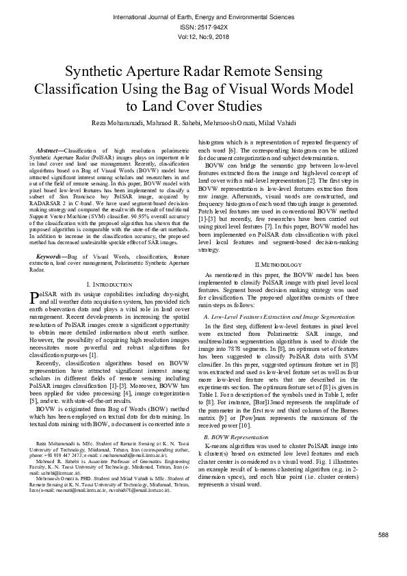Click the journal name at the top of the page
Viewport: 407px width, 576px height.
click(x=203, y=14)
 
